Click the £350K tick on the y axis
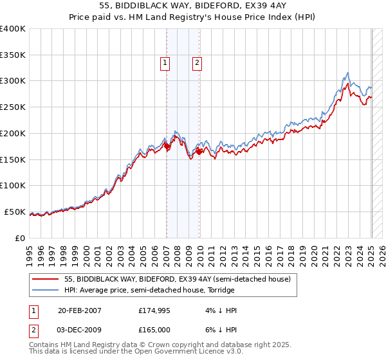click(x=13, y=55)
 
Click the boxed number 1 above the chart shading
click(x=165, y=63)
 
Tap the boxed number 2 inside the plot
click(x=196, y=63)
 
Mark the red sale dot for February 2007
click(x=167, y=147)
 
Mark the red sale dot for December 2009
click(x=199, y=152)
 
